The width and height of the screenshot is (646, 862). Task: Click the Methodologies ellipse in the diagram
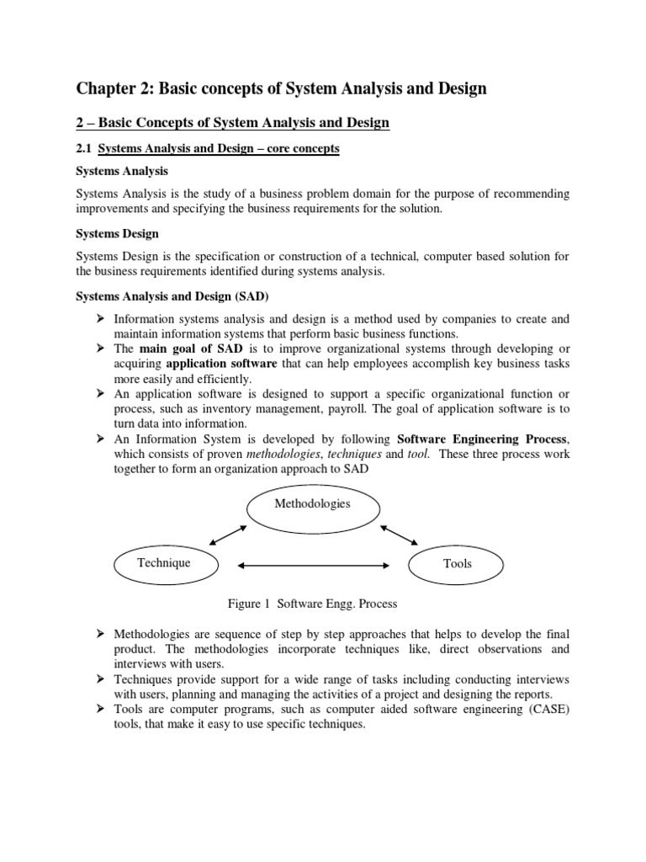(311, 504)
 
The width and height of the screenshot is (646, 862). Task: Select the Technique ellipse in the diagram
(163, 562)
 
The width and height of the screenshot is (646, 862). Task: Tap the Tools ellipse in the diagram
(457, 563)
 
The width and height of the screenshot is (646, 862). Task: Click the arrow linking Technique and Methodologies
(227, 535)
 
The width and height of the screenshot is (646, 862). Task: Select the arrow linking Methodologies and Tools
(399, 535)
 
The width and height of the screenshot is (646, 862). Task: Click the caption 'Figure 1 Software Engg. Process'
(312, 604)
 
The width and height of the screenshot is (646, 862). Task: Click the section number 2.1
(84, 149)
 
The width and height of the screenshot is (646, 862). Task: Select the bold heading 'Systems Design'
(117, 233)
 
